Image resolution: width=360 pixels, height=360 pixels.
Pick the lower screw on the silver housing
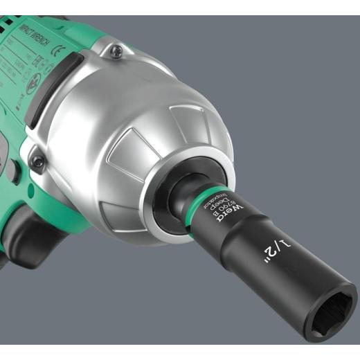pos(39,162)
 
